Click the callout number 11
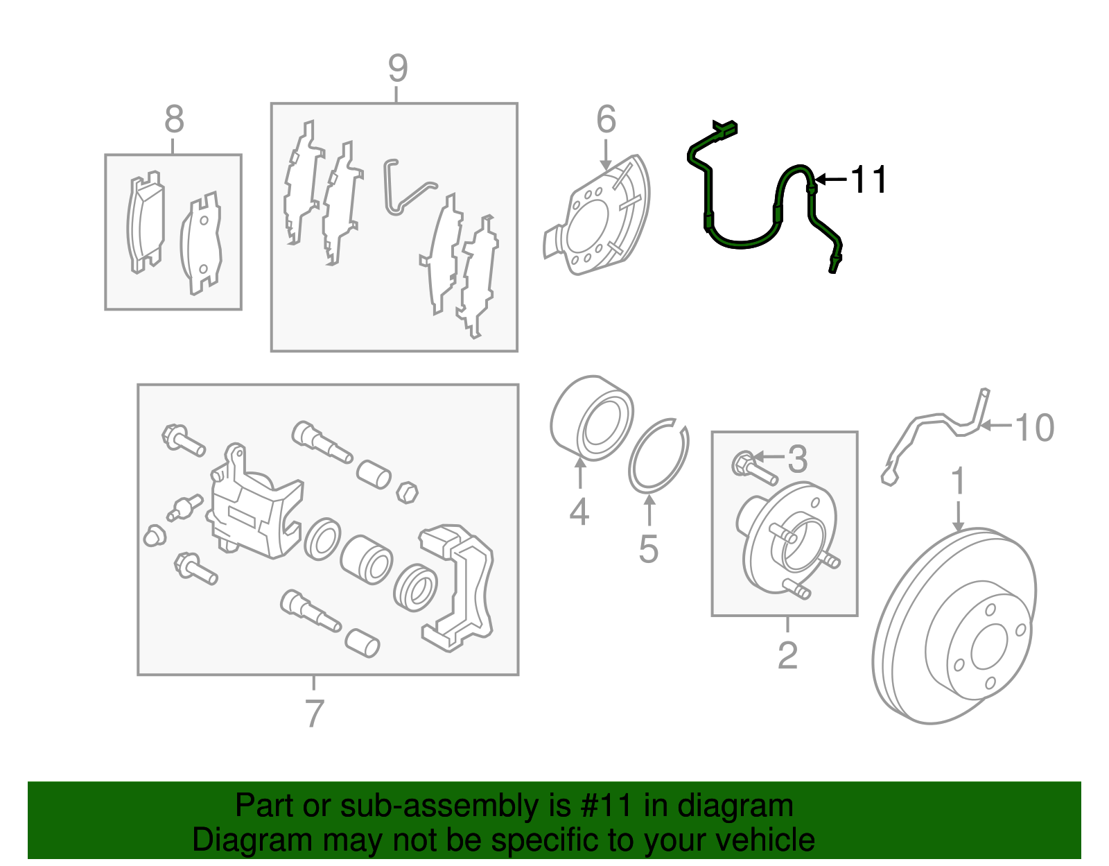868,180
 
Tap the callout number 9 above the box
398,69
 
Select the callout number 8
174,119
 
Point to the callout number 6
606,120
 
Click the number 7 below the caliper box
314,713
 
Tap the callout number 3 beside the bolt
798,459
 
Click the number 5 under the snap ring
648,549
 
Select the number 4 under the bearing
579,512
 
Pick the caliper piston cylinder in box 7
367,559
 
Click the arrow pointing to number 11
830,180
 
